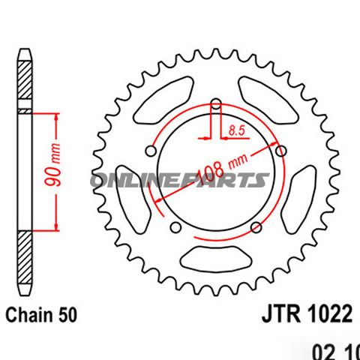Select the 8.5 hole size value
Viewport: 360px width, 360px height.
[237, 130]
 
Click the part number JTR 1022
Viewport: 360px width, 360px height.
[307, 313]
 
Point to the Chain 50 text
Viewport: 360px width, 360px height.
[42, 313]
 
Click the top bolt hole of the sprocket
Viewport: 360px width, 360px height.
[216, 105]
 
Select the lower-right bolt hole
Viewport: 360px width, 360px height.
[256, 226]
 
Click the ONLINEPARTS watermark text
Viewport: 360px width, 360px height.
[180, 180]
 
